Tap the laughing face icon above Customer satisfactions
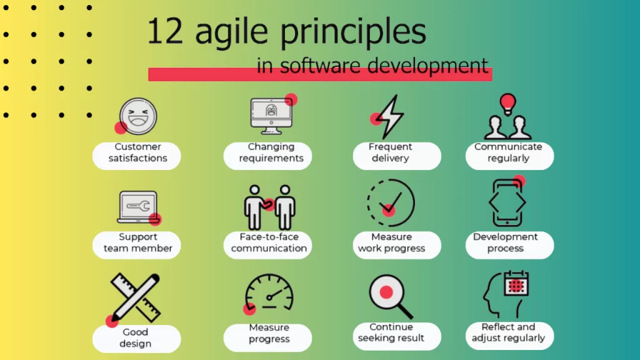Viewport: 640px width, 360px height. click(x=137, y=116)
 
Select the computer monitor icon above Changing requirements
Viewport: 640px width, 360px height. click(x=271, y=114)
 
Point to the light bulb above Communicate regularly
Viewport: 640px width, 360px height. click(x=508, y=102)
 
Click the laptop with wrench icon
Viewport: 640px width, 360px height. click(x=137, y=207)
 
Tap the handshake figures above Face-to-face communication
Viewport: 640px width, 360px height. click(x=270, y=207)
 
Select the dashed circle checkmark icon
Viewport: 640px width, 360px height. click(x=391, y=202)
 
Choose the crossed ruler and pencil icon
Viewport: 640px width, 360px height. click(x=136, y=297)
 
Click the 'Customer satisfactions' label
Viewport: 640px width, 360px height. click(x=137, y=152)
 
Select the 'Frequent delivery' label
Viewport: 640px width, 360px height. click(x=391, y=152)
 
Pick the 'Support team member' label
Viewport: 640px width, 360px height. click(x=137, y=242)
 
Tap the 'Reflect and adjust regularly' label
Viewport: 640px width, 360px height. click(x=508, y=332)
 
